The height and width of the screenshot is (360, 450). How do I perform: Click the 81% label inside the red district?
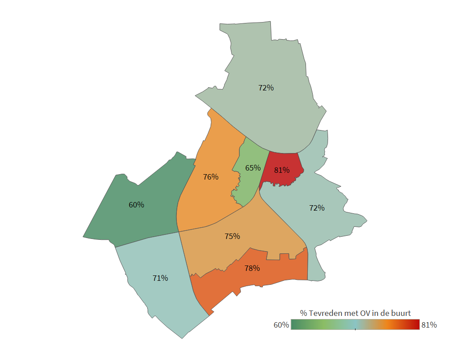click(x=282, y=171)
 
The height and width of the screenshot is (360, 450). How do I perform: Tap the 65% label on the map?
click(x=253, y=168)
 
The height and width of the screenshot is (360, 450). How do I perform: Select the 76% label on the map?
click(x=211, y=177)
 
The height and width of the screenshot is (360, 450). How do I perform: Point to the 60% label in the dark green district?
click(x=136, y=205)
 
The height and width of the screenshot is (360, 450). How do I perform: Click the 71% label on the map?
click(x=160, y=278)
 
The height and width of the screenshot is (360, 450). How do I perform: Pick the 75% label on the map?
click(x=232, y=236)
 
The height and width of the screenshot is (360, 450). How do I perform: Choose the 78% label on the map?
click(x=252, y=268)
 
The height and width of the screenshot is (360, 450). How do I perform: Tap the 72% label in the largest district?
click(x=266, y=88)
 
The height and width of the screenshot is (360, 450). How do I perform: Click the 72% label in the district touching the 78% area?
click(x=317, y=208)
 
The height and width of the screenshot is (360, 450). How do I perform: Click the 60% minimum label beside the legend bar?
click(x=281, y=325)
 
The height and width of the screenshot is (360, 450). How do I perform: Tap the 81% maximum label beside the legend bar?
click(x=429, y=325)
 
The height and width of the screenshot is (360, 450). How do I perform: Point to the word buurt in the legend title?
click(x=400, y=313)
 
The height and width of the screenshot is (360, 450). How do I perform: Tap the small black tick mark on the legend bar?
click(x=355, y=329)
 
